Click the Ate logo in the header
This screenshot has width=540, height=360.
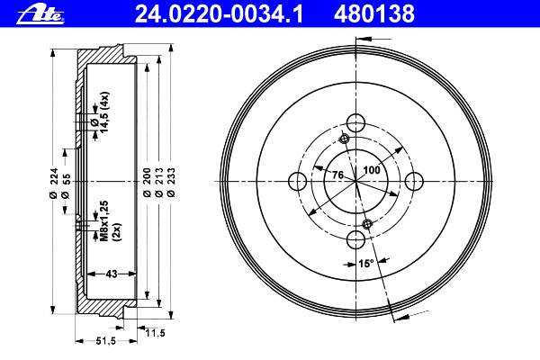coord(40,16)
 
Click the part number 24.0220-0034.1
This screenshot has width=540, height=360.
coord(219,14)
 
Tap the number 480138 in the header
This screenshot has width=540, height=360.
coord(374,14)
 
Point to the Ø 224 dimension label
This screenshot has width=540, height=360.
coord(53,183)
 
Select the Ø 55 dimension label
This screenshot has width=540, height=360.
coord(66,186)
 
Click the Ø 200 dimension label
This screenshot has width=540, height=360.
coord(147,182)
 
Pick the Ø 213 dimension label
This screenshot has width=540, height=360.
coord(159,182)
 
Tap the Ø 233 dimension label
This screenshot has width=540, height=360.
coord(171,182)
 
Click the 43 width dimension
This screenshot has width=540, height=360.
coord(112,274)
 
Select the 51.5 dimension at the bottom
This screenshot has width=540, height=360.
coord(105,341)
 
